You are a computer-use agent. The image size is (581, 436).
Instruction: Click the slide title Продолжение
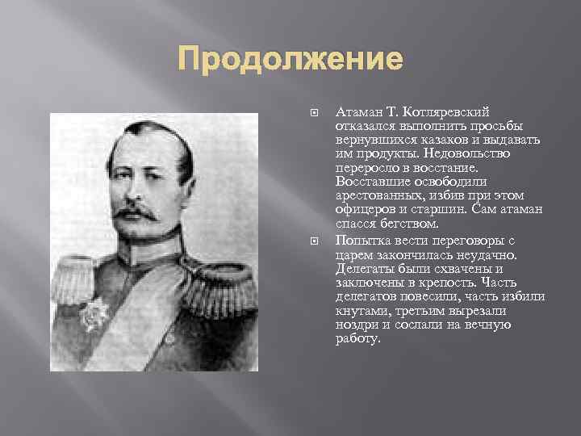(x=290, y=61)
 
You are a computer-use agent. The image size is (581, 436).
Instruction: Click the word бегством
(x=412, y=223)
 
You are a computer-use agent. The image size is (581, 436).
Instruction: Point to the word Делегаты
(x=362, y=268)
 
